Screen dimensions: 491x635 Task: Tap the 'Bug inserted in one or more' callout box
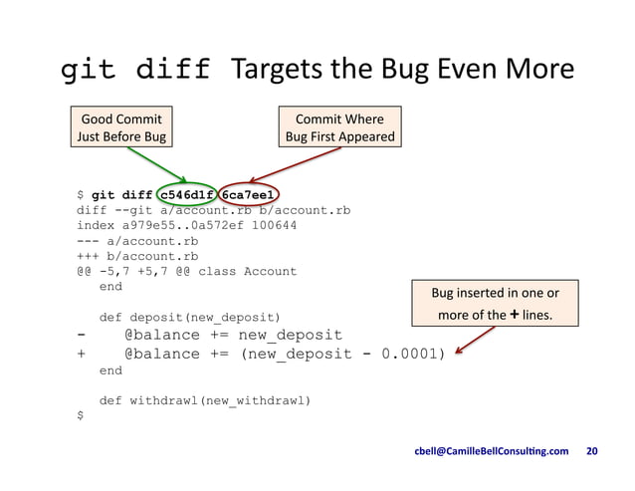[495, 304]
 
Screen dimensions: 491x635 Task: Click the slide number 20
[593, 451]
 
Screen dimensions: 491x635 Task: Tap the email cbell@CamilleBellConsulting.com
[491, 451]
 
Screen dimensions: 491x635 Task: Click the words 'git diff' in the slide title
[136, 70]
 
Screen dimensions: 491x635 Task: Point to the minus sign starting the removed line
[81, 335]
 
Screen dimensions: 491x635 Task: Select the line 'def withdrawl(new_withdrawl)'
[205, 400]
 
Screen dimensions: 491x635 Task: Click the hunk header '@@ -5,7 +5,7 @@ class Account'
[186, 271]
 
